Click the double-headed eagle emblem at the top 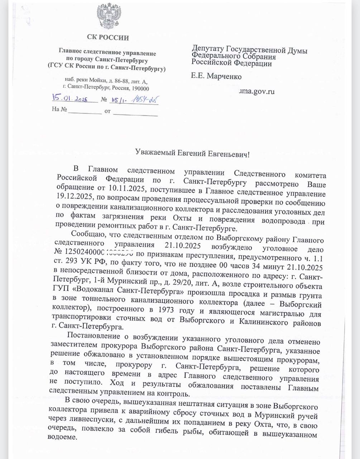[x=107, y=16]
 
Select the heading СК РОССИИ [x=107, y=37]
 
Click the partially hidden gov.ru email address [x=257, y=91]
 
